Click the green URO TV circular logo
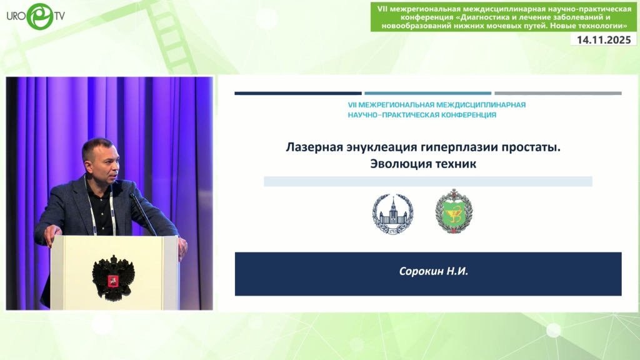40,16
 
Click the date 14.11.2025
604,39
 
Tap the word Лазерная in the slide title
314,147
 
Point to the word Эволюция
396,164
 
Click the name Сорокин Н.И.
434,271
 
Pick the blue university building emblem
392,213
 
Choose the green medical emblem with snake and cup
454,211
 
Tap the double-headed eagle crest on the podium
113,277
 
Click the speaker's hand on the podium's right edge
183,247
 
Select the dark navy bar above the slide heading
298,94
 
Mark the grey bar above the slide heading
558,94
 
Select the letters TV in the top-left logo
59,16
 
